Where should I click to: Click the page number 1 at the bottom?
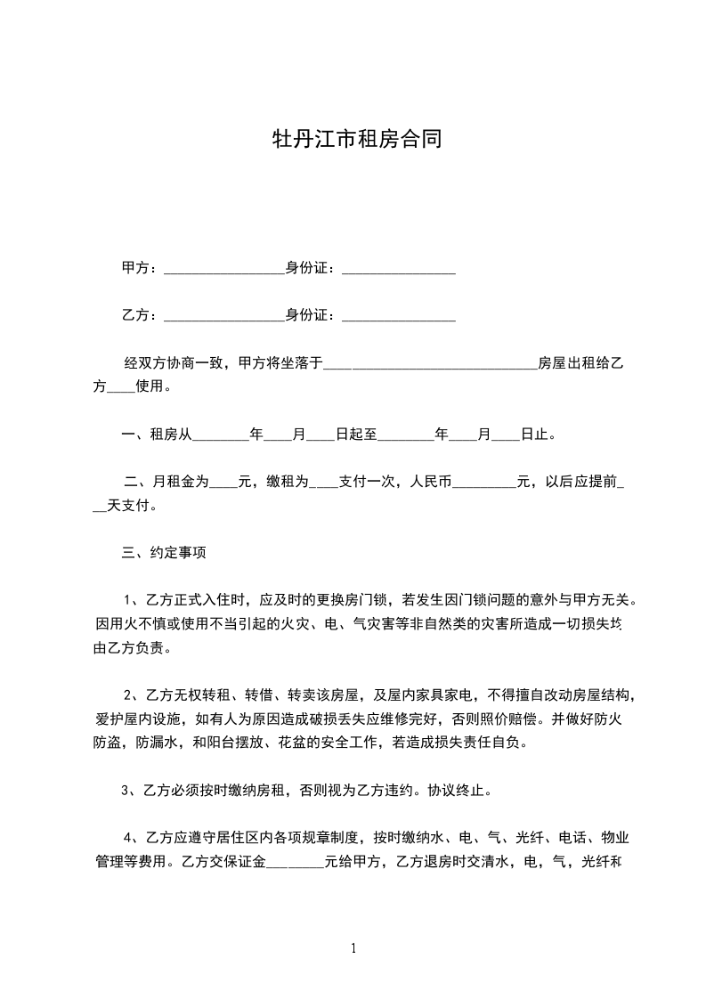tap(353, 948)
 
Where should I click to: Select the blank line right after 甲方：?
tap(223, 270)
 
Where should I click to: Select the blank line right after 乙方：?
tap(223, 317)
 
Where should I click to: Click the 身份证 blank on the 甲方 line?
tap(399, 270)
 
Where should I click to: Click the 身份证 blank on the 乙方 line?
tap(399, 317)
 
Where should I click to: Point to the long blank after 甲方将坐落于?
tap(430, 365)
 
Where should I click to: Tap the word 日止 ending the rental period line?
tap(535, 435)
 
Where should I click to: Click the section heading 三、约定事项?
tap(164, 553)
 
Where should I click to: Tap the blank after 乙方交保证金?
tap(295, 863)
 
